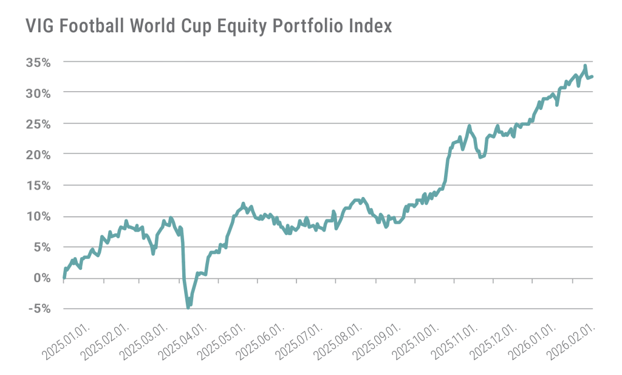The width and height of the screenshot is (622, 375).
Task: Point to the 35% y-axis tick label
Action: [38, 62]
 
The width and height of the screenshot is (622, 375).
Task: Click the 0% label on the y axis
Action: [42, 278]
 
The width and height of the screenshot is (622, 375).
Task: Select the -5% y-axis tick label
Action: [39, 309]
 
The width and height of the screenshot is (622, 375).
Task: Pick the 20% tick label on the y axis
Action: [38, 154]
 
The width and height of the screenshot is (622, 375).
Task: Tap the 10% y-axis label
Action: [38, 216]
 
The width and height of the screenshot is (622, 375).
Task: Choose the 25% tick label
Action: [38, 123]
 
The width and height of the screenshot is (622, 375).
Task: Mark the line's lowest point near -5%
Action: [188, 308]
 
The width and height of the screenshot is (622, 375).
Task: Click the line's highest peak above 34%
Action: [585, 66]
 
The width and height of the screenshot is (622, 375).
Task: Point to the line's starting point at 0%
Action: [64, 277]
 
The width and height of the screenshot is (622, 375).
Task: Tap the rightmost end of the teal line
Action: [593, 76]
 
